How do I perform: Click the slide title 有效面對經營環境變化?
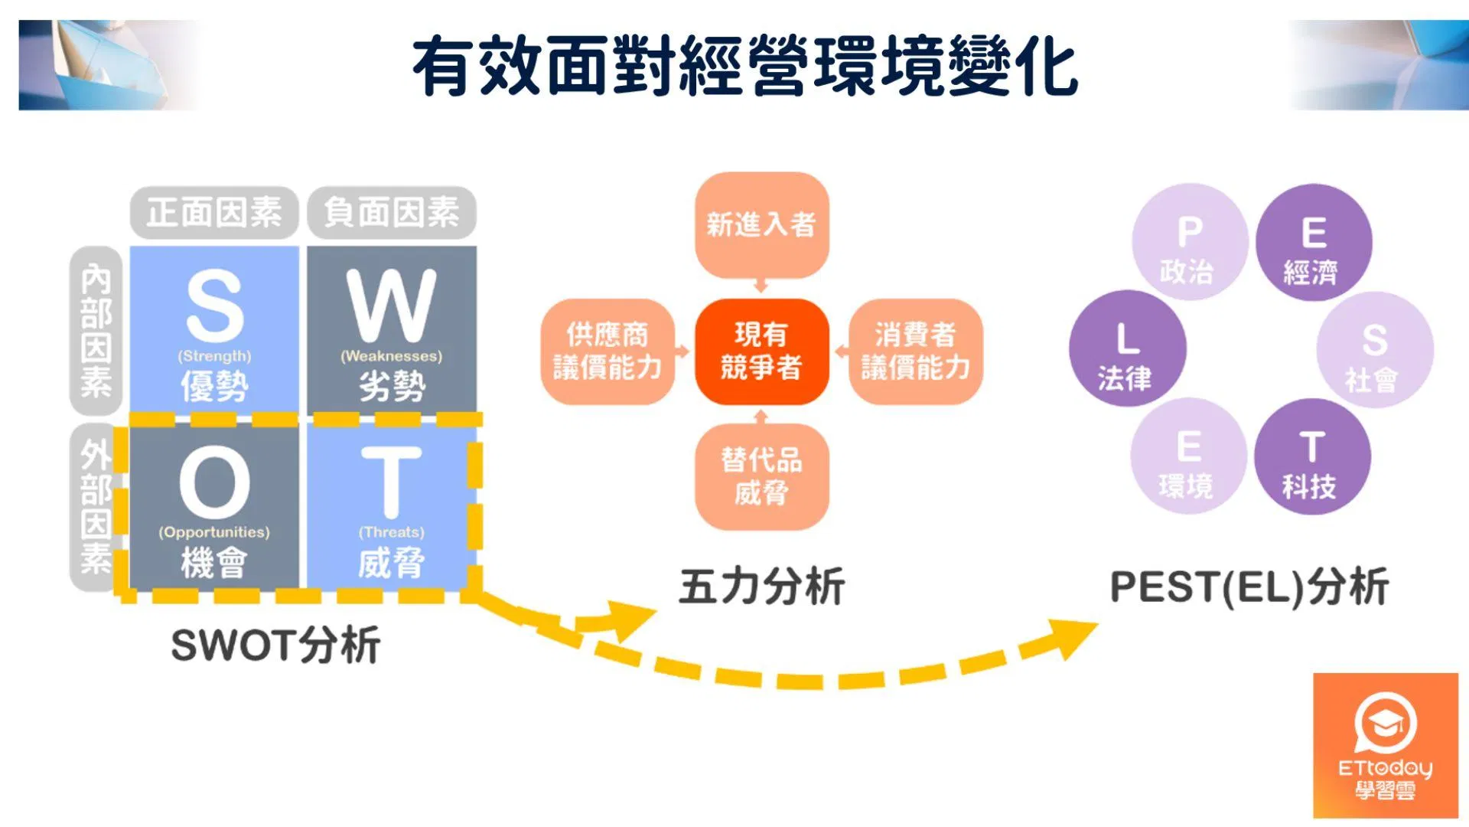click(x=745, y=66)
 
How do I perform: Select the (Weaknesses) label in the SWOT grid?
click(x=391, y=356)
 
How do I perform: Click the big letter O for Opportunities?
click(x=215, y=483)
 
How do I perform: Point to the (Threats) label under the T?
click(x=391, y=532)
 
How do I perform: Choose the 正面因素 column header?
click(x=214, y=212)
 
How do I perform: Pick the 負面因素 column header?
click(x=392, y=212)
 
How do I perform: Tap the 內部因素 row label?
click(x=96, y=331)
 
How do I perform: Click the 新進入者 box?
click(x=761, y=225)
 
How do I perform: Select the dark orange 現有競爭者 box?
click(x=761, y=351)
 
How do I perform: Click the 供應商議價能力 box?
click(x=607, y=351)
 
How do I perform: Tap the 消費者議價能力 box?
click(x=916, y=351)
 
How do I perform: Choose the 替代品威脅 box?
click(x=761, y=476)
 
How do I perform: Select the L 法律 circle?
click(x=1128, y=348)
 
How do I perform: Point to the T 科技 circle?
click(x=1312, y=456)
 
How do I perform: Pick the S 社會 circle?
click(x=1375, y=350)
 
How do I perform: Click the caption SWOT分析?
click(x=275, y=645)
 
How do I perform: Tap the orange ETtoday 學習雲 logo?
click(x=1386, y=746)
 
